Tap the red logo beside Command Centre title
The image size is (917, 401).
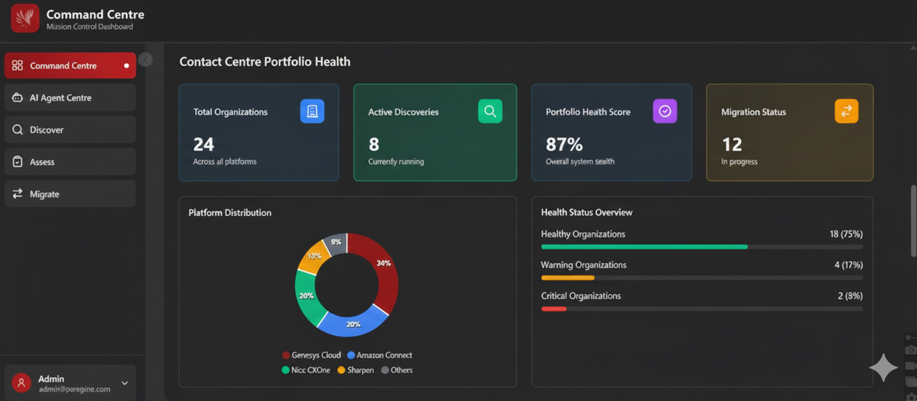click(25, 18)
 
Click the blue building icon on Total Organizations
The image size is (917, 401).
click(312, 112)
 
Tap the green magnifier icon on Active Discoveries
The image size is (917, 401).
click(490, 112)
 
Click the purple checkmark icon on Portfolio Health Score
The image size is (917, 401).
click(665, 112)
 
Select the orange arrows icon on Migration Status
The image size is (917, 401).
click(846, 112)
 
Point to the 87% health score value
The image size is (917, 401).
click(564, 144)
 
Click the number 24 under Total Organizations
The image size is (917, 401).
click(204, 144)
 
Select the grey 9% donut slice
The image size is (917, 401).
click(336, 243)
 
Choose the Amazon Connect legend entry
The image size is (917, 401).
click(380, 356)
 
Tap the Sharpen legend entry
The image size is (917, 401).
click(356, 371)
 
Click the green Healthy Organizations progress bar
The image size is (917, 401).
click(644, 246)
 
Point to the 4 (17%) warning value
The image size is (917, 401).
click(848, 265)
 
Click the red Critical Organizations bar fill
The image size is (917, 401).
click(553, 309)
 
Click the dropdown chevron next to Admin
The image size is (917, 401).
click(125, 383)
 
